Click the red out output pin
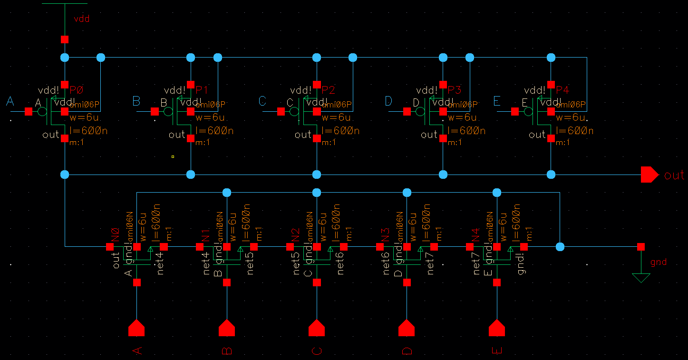coord(649,175)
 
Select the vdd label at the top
coord(81,19)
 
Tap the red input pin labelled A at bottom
coord(137,328)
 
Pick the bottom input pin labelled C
coord(317,328)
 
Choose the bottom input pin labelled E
coord(497,328)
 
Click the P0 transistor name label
coord(76,90)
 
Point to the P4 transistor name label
coord(562,90)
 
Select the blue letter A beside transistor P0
coord(10,101)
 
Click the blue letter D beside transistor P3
coord(388,101)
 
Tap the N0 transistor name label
coord(115,235)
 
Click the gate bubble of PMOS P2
coord(295,112)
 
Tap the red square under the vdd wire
coord(65,39)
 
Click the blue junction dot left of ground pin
coord(560,247)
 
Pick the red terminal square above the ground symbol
coord(641,247)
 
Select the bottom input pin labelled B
coord(227,328)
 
